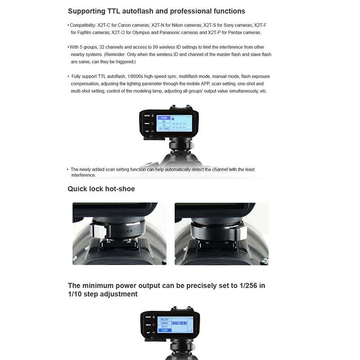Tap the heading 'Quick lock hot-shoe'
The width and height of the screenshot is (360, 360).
pyautogui.click(x=101, y=189)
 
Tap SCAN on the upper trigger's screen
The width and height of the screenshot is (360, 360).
pyautogui.click(x=163, y=118)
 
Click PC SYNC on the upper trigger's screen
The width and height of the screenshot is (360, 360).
pyautogui.click(x=163, y=129)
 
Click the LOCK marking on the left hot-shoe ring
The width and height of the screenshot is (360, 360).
pyautogui.click(x=123, y=232)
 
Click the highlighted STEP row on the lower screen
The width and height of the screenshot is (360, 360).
pyautogui.click(x=165, y=330)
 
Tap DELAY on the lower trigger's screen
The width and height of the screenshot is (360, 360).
pyautogui.click(x=165, y=319)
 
